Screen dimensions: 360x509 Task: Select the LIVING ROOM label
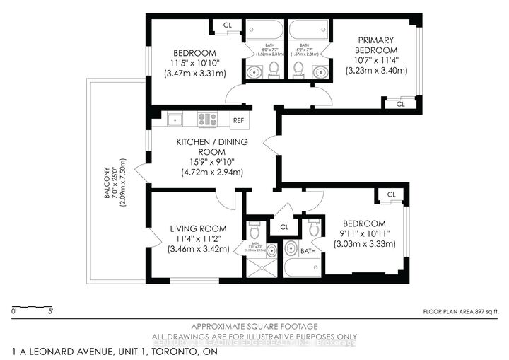[x=198, y=228]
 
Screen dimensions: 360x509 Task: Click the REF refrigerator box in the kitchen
[x=238, y=120]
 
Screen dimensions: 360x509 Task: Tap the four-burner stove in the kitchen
[x=207, y=120]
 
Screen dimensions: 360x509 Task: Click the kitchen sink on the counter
[x=175, y=120]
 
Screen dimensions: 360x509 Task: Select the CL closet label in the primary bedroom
[x=399, y=104]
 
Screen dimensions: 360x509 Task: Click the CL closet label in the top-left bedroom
[x=227, y=25]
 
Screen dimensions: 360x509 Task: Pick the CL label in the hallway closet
[x=284, y=228]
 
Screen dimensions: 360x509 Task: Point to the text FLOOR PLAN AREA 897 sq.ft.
[x=460, y=310]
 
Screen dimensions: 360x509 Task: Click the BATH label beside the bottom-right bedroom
[x=308, y=250]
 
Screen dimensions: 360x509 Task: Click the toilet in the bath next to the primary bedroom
[x=298, y=69]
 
